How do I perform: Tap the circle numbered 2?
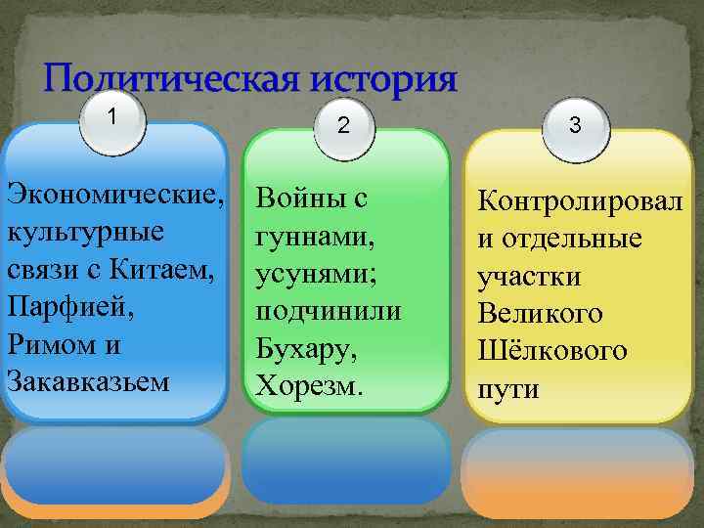pyautogui.click(x=342, y=125)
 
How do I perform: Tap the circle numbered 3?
pyautogui.click(x=575, y=125)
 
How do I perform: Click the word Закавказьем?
pyautogui.click(x=87, y=378)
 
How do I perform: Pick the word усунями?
pyautogui.click(x=309, y=273)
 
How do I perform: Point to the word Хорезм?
pyautogui.click(x=308, y=385)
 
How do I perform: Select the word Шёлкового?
pyautogui.click(x=551, y=351)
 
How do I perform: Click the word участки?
pyautogui.click(x=528, y=277)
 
